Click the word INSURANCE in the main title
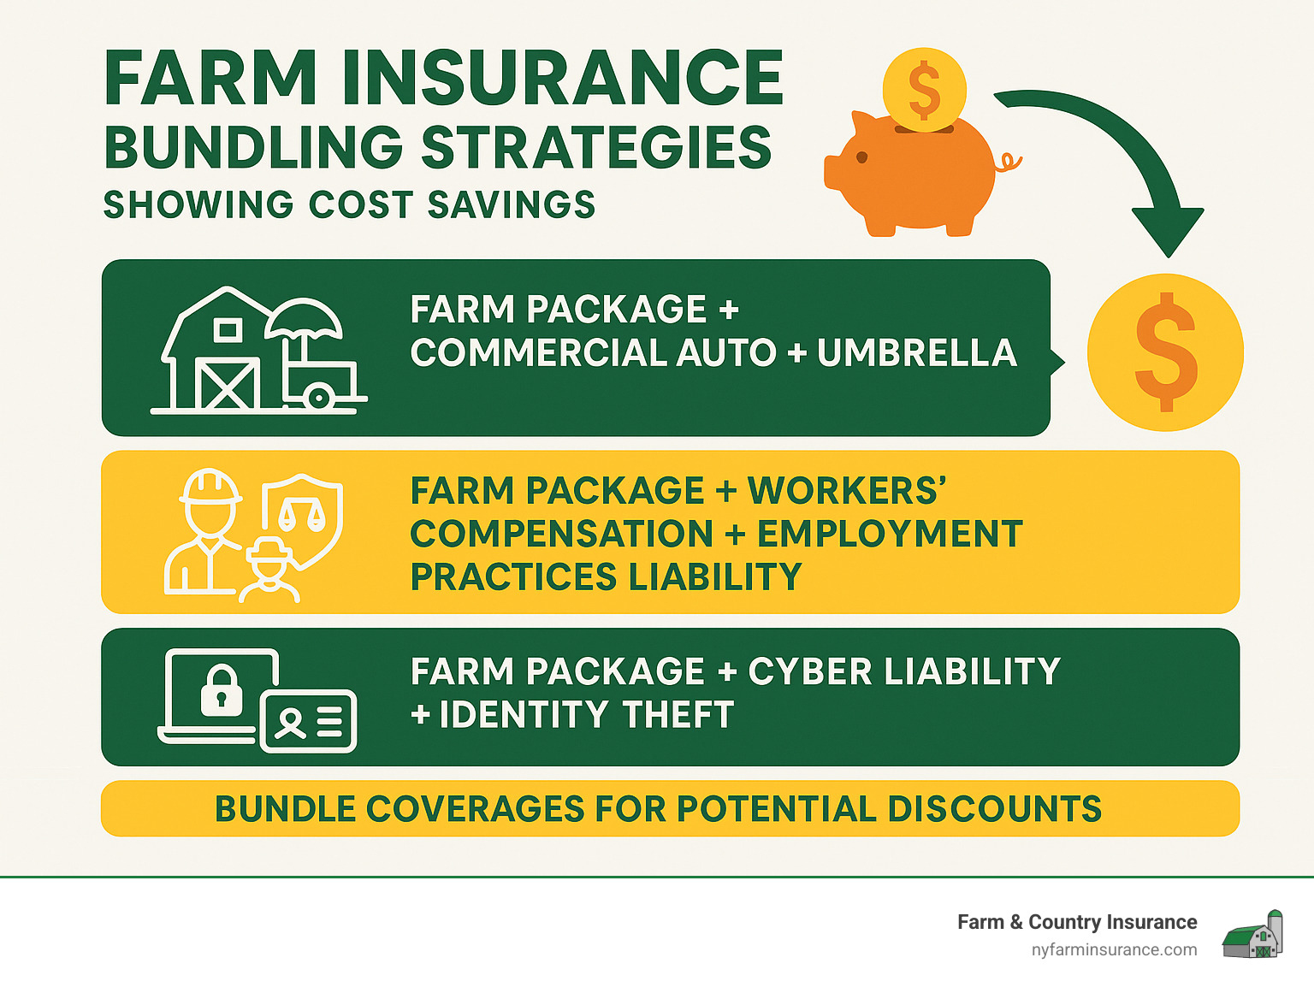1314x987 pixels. pos(562,78)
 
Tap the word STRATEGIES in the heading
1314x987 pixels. pos(597,147)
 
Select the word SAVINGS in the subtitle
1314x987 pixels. pos(512,204)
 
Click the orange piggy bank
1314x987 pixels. pos(916,173)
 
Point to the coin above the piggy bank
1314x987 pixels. pos(924,90)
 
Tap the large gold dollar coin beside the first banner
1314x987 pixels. pos(1165,352)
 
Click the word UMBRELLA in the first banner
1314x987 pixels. pos(916,352)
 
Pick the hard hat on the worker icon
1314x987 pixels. pos(210,486)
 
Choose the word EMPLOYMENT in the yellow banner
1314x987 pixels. pos(891,534)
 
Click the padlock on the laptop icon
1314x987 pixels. pos(222,690)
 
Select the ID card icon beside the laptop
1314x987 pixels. pos(308,721)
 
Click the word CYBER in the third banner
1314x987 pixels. pos(810,671)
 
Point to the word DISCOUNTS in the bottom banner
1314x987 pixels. pos(994,808)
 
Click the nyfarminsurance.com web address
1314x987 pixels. pos(1114,950)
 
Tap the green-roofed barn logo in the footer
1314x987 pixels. pos(1252,934)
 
